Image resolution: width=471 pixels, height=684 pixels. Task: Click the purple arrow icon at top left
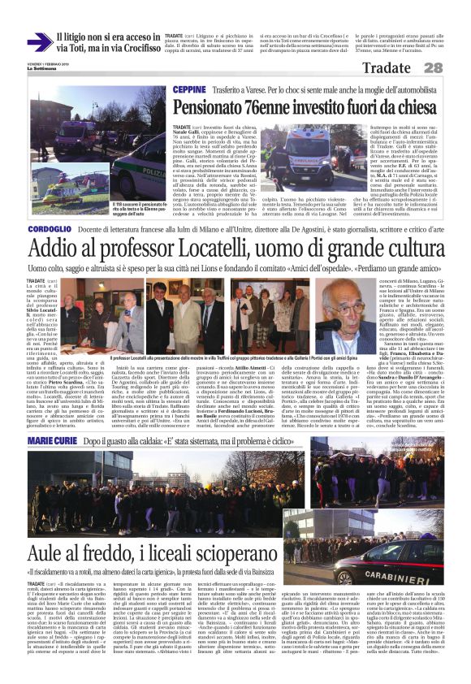pyautogui.click(x=38, y=42)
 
